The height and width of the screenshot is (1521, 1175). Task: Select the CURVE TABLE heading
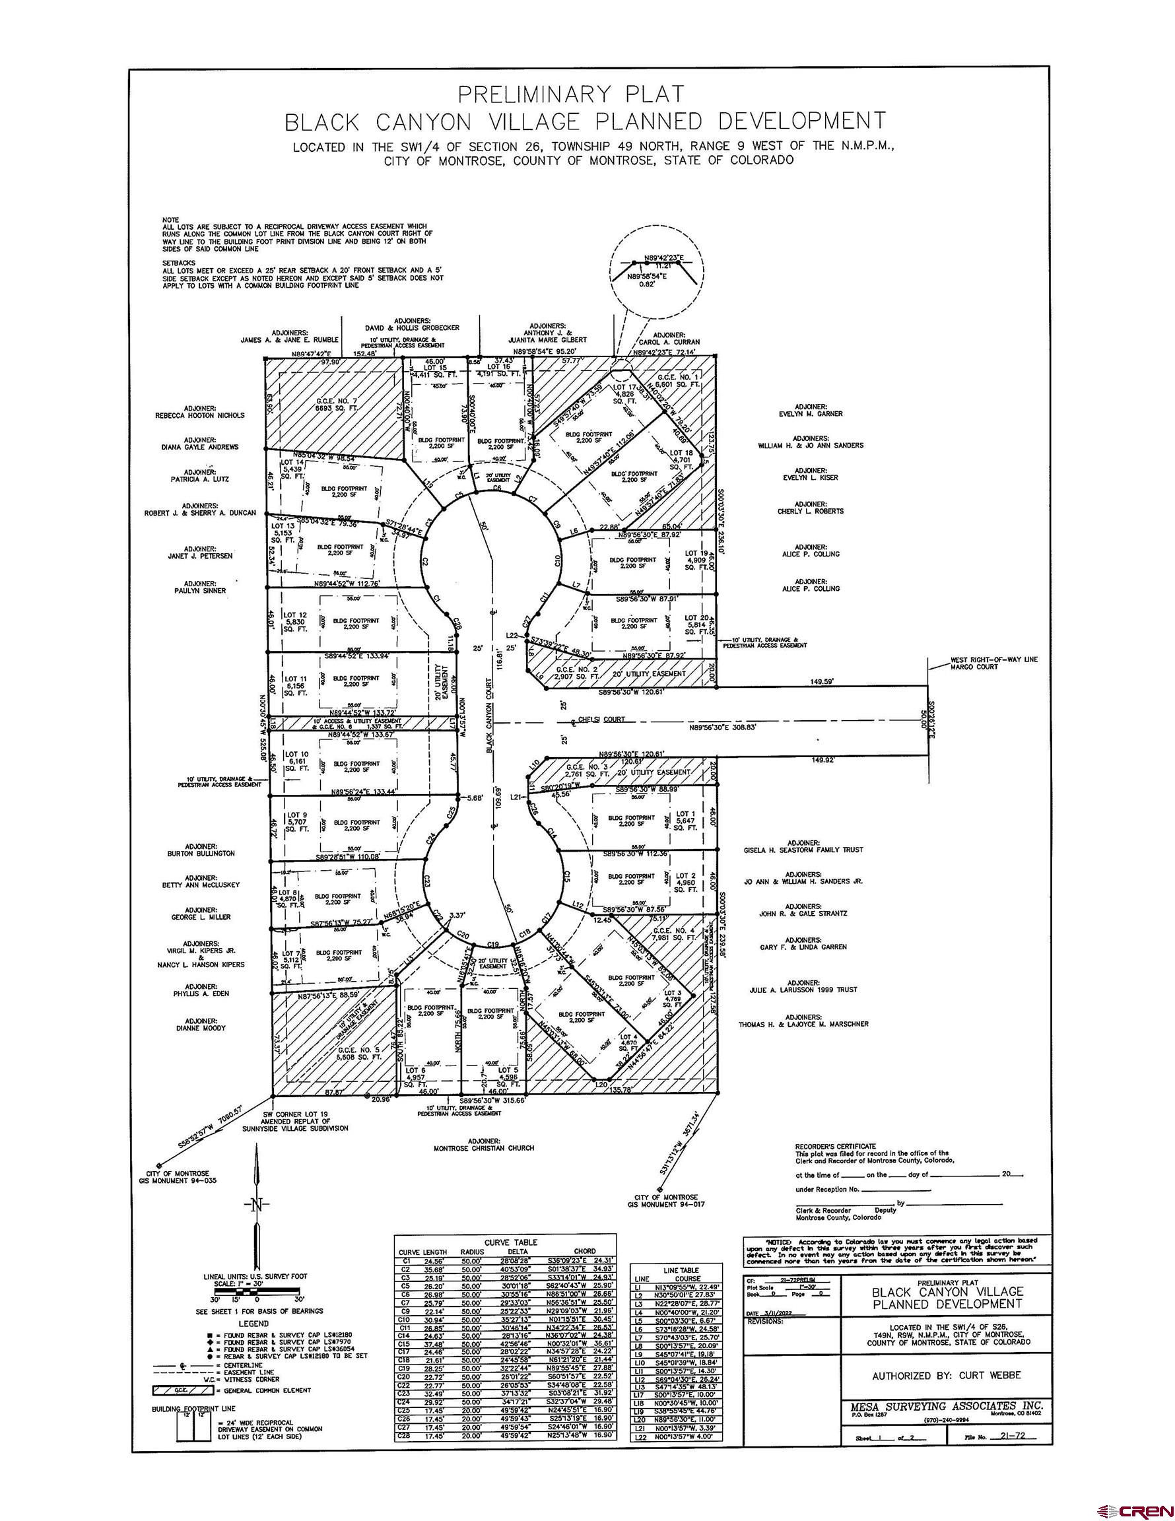coord(510,1242)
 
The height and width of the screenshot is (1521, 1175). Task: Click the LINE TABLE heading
coord(681,1269)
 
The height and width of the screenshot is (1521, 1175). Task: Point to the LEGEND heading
coord(253,1323)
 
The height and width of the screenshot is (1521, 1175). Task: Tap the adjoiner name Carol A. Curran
coord(669,342)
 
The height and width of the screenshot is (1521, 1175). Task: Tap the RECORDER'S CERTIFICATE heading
coord(835,1145)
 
